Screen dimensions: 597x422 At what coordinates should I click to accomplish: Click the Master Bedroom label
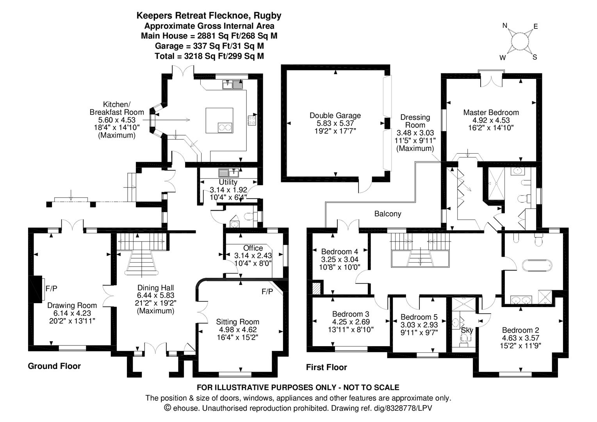pos(491,112)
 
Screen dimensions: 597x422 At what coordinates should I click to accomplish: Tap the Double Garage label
pos(335,116)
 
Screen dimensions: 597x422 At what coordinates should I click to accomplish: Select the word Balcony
pos(387,214)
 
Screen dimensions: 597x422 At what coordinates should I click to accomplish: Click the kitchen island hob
pos(225,127)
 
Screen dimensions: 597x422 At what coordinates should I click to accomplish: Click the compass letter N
pos(504,26)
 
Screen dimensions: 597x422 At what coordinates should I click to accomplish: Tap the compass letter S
pos(535,57)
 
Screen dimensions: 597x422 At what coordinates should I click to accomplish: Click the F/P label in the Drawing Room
pos(52,288)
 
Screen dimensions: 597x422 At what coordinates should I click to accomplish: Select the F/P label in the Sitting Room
pos(267,291)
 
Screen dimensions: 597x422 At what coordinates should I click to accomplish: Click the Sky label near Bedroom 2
pos(467,330)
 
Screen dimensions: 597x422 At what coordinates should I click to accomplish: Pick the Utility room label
pos(228,182)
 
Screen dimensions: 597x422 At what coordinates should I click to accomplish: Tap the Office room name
pos(253,248)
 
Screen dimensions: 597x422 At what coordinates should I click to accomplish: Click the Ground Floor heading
pos(54,366)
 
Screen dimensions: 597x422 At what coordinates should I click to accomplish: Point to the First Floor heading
pos(326,367)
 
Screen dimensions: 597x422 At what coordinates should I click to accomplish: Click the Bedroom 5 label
pos(419,317)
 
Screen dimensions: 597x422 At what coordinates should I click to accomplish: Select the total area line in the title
pos(209,56)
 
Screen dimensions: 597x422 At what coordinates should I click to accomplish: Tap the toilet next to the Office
pos(248,216)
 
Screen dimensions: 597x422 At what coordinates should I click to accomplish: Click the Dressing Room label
pos(415,121)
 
